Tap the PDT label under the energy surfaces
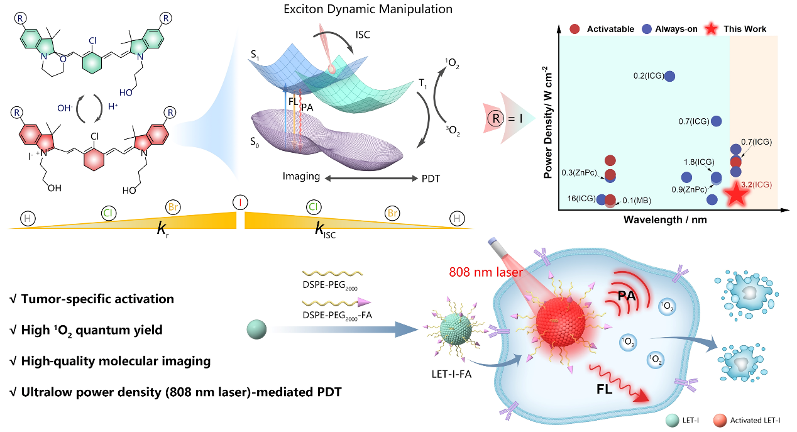(x=431, y=177)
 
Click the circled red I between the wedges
(x=239, y=202)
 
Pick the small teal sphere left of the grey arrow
(x=257, y=330)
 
